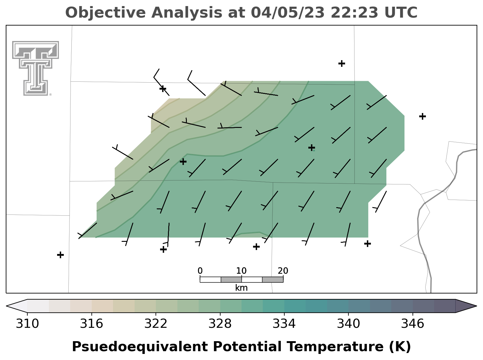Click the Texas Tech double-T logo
pyautogui.click(x=36, y=68)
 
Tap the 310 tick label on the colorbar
pyautogui.click(x=27, y=324)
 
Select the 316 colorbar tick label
pyautogui.click(x=91, y=324)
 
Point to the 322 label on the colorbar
pyautogui.click(x=156, y=324)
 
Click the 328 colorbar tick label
pyautogui.click(x=220, y=324)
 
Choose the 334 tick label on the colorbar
pyautogui.click(x=284, y=324)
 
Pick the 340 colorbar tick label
pyautogui.click(x=348, y=324)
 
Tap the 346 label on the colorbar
pyautogui.click(x=413, y=324)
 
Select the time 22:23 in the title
pyautogui.click(x=355, y=12)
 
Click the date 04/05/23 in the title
pyautogui.click(x=288, y=12)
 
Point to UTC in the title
pyautogui.click(x=401, y=12)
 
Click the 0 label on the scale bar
pyautogui.click(x=200, y=271)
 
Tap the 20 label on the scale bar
pyautogui.click(x=283, y=271)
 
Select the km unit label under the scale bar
pyautogui.click(x=241, y=288)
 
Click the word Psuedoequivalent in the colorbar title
pyautogui.click(x=140, y=347)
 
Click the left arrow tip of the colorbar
pyautogui.click(x=7, y=306)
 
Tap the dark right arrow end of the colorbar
pyautogui.click(x=476, y=306)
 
